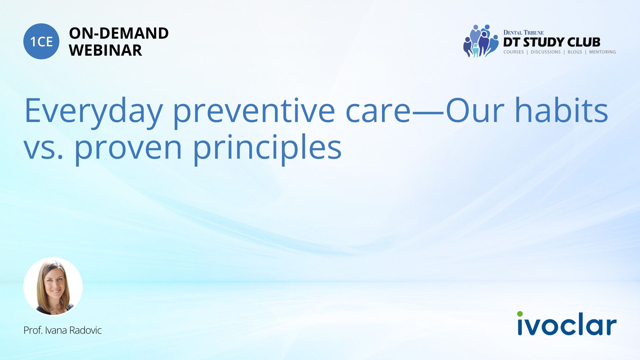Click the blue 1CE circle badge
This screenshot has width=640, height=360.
pyautogui.click(x=41, y=41)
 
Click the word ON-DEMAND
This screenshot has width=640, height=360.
pyautogui.click(x=119, y=33)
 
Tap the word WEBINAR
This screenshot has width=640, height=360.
pyautogui.click(x=105, y=50)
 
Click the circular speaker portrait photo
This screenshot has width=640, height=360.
pyautogui.click(x=53, y=286)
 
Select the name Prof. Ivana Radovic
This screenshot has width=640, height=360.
pyautogui.click(x=63, y=330)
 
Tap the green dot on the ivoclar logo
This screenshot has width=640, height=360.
pyautogui.click(x=520, y=314)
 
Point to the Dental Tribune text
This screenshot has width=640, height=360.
pyautogui.click(x=523, y=33)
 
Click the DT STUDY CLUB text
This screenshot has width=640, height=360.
pyautogui.click(x=552, y=42)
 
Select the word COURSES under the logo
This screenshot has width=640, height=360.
pyautogui.click(x=514, y=52)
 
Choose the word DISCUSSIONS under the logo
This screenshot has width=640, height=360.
pyautogui.click(x=546, y=52)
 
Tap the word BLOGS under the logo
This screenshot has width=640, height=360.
pyautogui.click(x=575, y=52)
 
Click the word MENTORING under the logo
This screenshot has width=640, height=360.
pyautogui.click(x=602, y=52)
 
